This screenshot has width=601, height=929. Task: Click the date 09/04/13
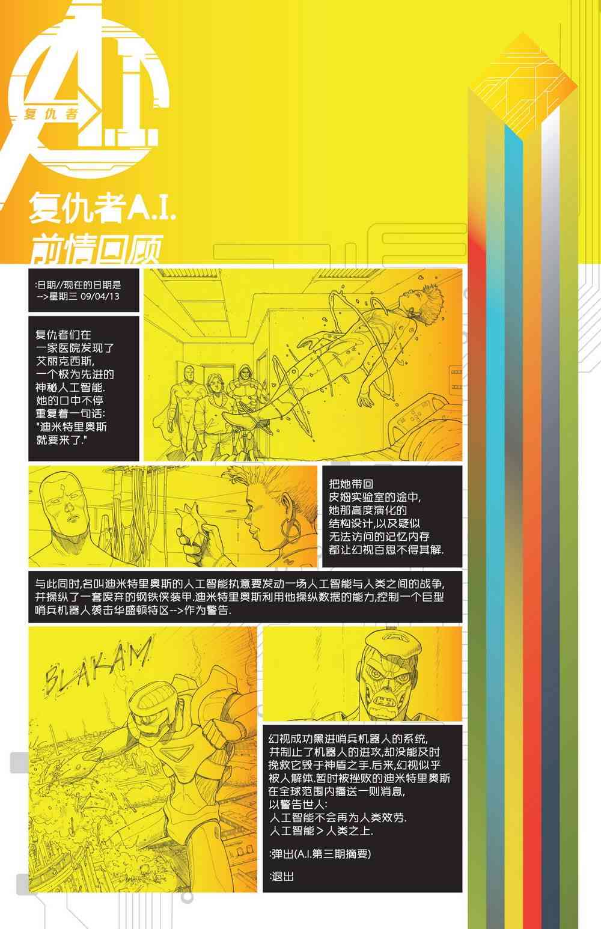coord(100,296)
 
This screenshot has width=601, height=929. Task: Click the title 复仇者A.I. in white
coord(102,207)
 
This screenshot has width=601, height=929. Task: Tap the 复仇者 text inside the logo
coord(51,113)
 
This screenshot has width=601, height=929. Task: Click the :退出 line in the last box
coord(282,876)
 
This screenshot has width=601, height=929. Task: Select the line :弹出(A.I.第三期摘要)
coord(320,853)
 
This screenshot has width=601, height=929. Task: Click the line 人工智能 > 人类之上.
coord(321,830)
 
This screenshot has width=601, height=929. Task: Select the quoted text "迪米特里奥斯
coord(72,427)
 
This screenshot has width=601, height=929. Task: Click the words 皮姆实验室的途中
coord(375,497)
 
